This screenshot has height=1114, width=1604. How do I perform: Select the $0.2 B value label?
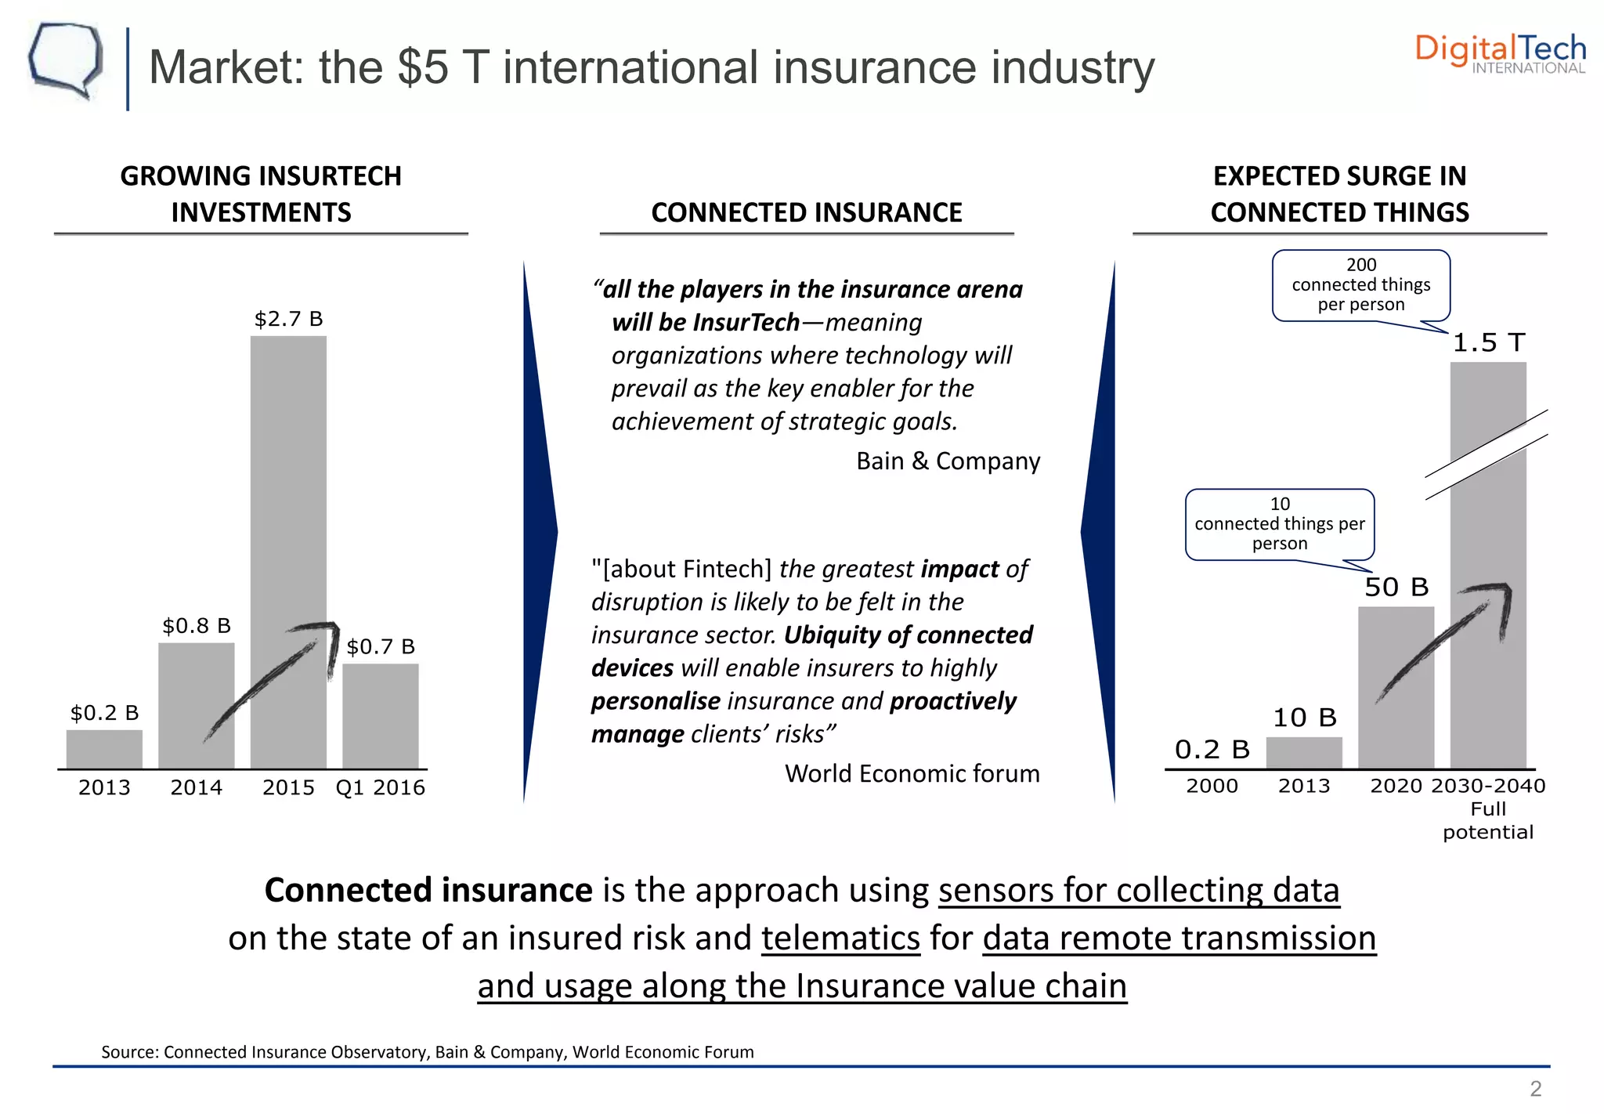click(104, 713)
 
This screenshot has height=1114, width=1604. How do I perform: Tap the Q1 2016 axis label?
click(381, 787)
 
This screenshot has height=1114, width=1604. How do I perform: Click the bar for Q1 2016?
click(381, 717)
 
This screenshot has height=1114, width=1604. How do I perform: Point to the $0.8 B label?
click(197, 626)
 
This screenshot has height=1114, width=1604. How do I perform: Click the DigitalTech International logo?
click(1500, 53)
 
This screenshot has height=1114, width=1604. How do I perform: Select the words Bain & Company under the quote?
click(948, 461)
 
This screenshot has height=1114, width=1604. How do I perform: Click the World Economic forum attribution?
click(912, 773)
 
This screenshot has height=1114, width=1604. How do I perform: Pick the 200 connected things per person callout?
click(1361, 285)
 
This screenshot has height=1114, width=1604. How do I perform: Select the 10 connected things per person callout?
click(1280, 524)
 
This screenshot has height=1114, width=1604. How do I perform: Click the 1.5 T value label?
click(1488, 342)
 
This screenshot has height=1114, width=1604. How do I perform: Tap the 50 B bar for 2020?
click(1396, 689)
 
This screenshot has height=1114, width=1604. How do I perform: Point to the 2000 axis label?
click(1212, 786)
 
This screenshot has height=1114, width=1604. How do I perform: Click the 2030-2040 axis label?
click(1488, 786)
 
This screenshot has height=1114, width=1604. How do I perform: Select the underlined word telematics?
click(840, 938)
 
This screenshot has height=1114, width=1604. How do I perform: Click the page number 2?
click(1535, 1088)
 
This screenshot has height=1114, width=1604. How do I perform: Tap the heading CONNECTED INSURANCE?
click(807, 212)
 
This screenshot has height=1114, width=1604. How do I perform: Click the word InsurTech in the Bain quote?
click(746, 322)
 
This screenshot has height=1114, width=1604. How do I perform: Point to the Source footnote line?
click(428, 1052)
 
